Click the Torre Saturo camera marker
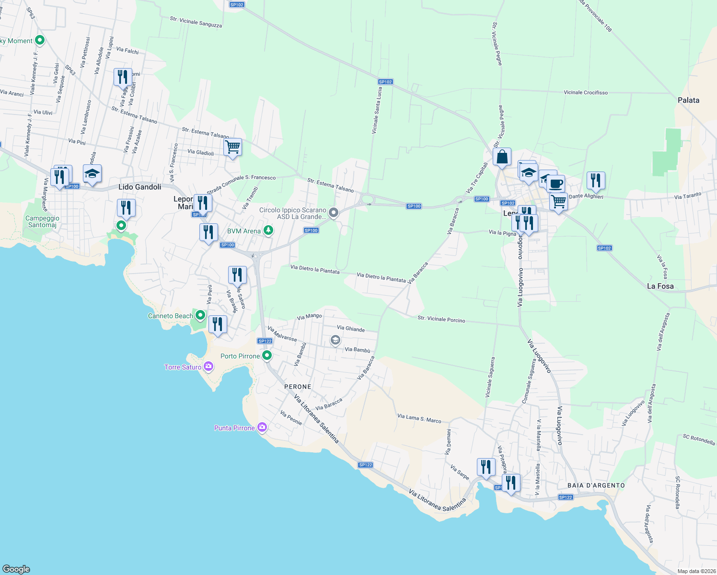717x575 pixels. pyautogui.click(x=208, y=367)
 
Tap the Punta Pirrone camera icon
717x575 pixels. pyautogui.click(x=262, y=427)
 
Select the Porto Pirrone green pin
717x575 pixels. pyautogui.click(x=267, y=356)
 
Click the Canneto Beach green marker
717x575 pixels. pyautogui.click(x=200, y=315)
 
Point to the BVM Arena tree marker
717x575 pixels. pyautogui.click(x=268, y=230)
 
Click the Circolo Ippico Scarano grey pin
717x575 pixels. pyautogui.click(x=334, y=212)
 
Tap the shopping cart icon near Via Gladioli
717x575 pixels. pyautogui.click(x=232, y=147)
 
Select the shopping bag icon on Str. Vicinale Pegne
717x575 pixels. pyautogui.click(x=502, y=157)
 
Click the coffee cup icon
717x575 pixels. pyautogui.click(x=556, y=184)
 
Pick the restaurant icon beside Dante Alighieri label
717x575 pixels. pyautogui.click(x=596, y=180)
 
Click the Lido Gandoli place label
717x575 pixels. pyautogui.click(x=140, y=187)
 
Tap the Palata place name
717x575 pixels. pyautogui.click(x=688, y=100)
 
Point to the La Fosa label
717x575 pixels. pyautogui.click(x=660, y=286)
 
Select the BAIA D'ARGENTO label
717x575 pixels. pyautogui.click(x=596, y=485)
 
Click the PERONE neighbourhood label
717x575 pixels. pyautogui.click(x=298, y=387)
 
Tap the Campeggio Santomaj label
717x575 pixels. pyautogui.click(x=42, y=221)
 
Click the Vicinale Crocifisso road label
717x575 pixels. pyautogui.click(x=586, y=92)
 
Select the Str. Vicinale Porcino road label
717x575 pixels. pyautogui.click(x=441, y=319)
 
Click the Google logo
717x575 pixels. pyautogui.click(x=16, y=569)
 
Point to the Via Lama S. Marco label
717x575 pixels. pyautogui.click(x=419, y=419)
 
